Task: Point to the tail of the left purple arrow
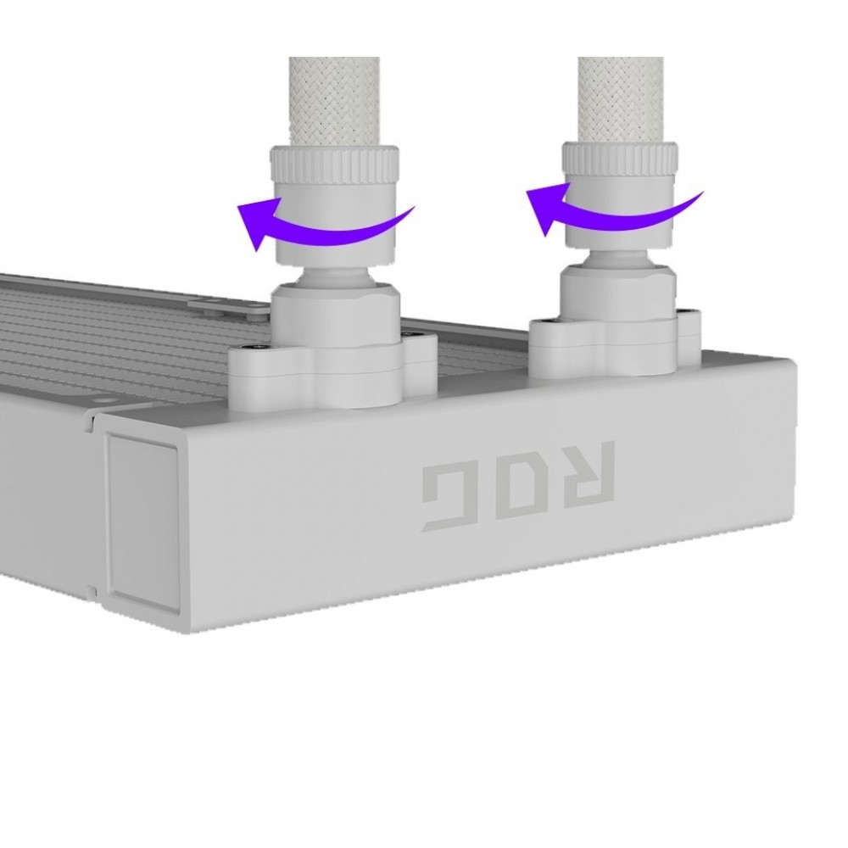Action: tap(413, 207)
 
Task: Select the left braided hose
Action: tap(333, 102)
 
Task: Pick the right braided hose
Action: tap(621, 100)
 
